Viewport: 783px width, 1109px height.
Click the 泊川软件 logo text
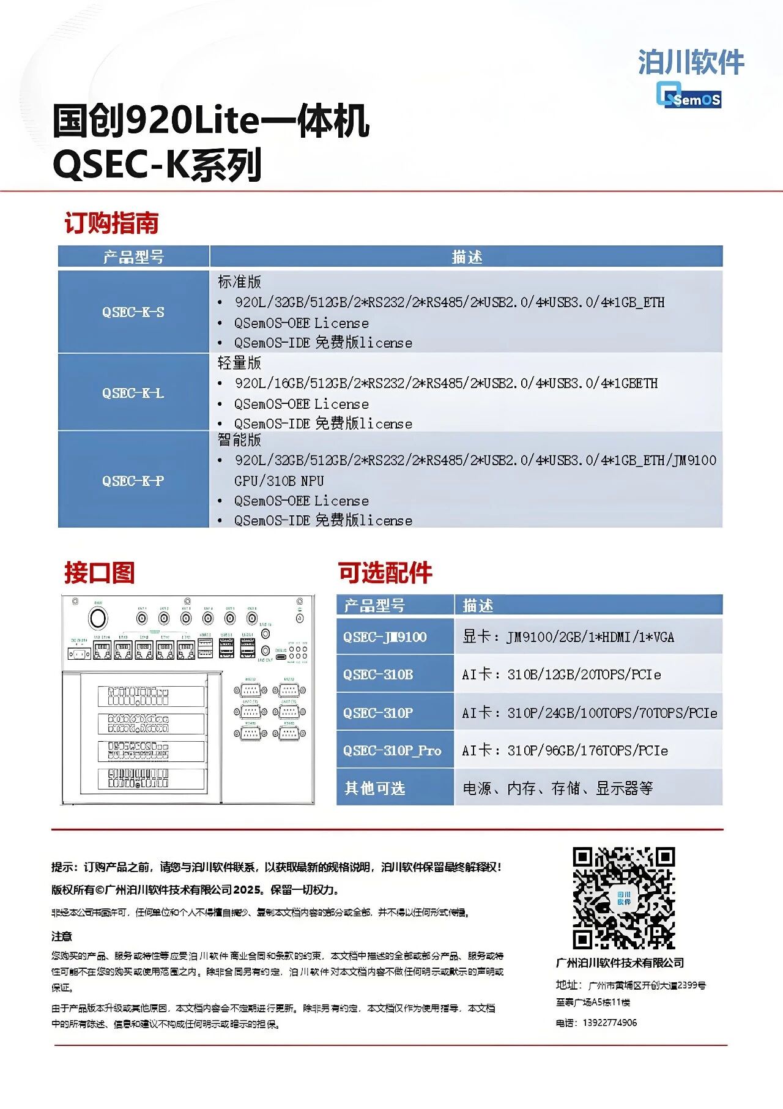(x=691, y=62)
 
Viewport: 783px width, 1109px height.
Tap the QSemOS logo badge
(x=689, y=96)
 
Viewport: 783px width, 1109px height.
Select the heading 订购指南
(x=111, y=223)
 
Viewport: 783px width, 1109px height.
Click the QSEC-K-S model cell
(x=133, y=312)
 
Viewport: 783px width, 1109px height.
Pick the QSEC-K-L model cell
(x=133, y=392)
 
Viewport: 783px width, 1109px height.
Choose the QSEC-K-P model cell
(x=133, y=480)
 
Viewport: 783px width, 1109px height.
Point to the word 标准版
(x=239, y=282)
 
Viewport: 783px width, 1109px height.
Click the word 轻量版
(x=239, y=363)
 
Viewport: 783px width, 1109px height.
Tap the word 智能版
(x=239, y=439)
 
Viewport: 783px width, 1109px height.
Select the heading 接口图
(x=99, y=572)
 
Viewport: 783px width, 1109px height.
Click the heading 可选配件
(x=385, y=572)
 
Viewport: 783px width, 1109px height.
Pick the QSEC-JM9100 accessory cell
(x=385, y=637)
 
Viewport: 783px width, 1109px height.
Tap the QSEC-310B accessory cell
(x=378, y=674)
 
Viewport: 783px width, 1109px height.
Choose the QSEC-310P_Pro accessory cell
(x=392, y=750)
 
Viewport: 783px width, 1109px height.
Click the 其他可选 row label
(x=374, y=788)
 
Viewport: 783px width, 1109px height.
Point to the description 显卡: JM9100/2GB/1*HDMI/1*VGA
(x=568, y=637)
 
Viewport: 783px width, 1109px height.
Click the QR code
(x=623, y=898)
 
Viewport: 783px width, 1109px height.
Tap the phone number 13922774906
(x=609, y=1023)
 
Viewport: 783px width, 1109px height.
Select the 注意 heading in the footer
(x=62, y=936)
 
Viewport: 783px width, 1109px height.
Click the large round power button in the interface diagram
(x=98, y=618)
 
